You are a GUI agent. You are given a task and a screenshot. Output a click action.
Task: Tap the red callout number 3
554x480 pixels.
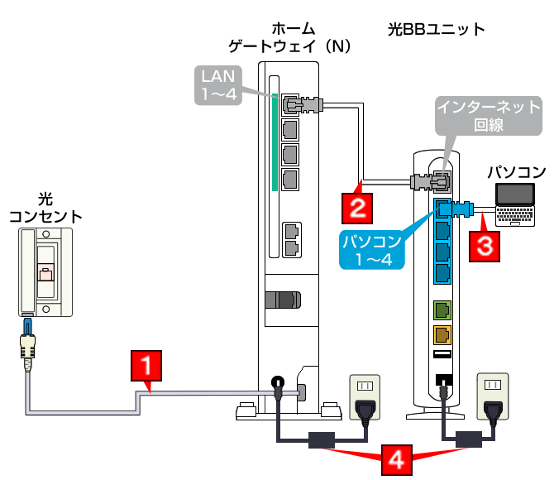pyautogui.click(x=485, y=246)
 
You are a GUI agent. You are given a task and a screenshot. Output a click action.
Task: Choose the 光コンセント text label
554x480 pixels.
pyautogui.click(x=45, y=209)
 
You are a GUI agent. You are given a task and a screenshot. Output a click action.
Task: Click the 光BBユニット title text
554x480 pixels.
pyautogui.click(x=437, y=31)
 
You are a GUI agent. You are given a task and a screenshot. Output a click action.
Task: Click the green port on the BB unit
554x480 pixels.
pyautogui.click(x=442, y=310)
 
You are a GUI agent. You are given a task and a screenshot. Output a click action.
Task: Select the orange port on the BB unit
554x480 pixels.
pyautogui.click(x=442, y=335)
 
